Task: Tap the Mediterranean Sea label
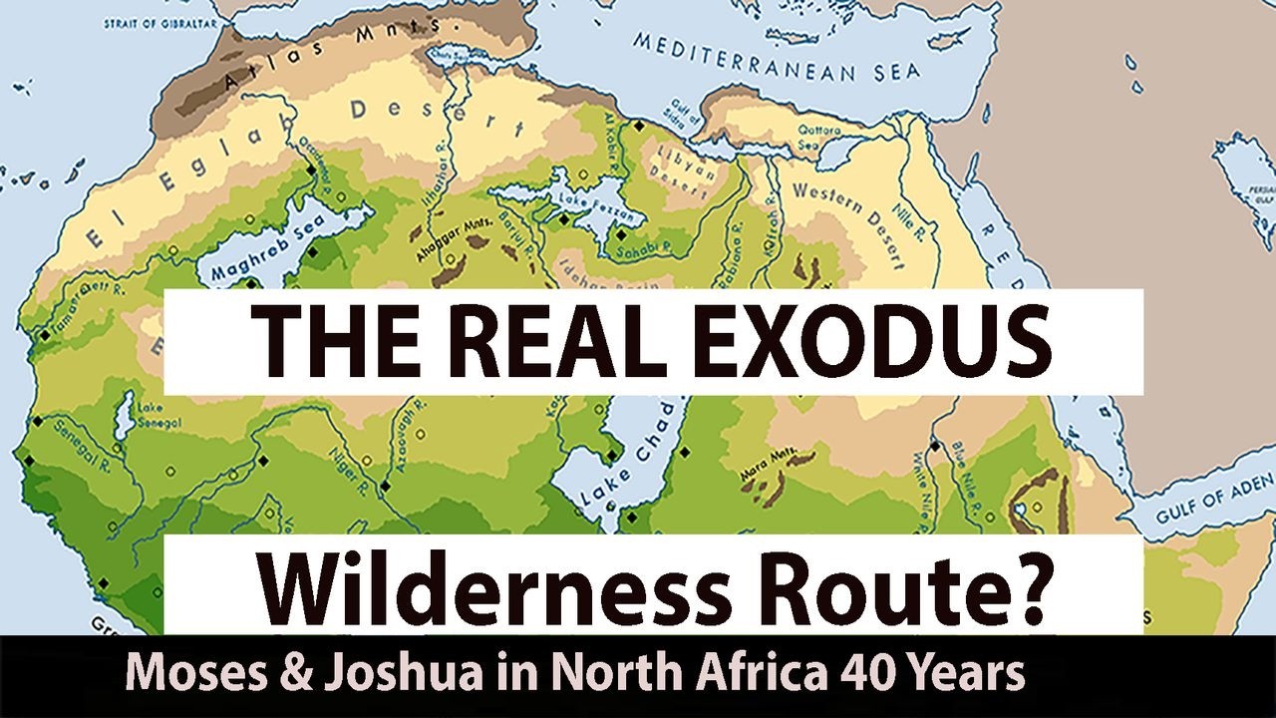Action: (x=779, y=59)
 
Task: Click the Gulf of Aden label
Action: (x=1215, y=505)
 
